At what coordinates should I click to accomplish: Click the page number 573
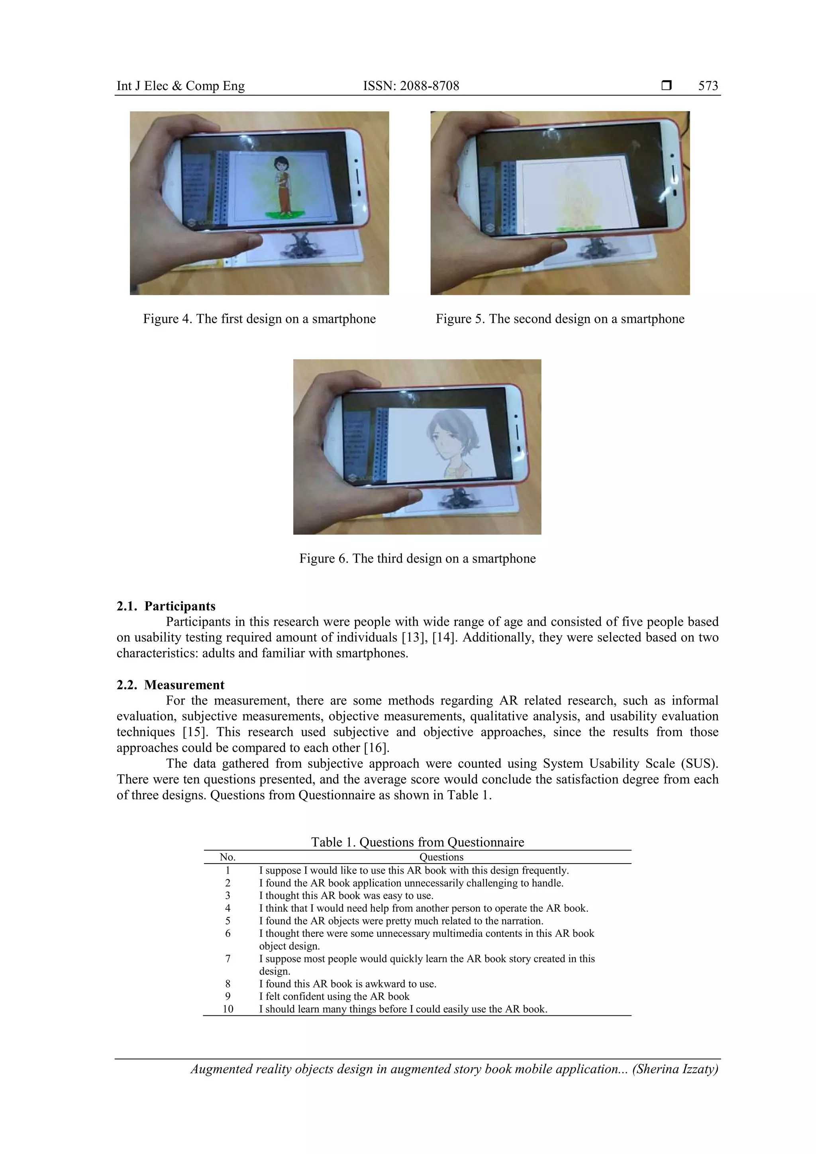tap(708, 86)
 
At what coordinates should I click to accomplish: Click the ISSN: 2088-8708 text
tap(411, 86)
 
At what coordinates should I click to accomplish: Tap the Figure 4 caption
tap(259, 319)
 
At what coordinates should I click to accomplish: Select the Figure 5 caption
tap(560, 319)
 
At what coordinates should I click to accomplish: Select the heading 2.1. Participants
tap(166, 606)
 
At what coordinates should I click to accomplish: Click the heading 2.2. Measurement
tap(171, 685)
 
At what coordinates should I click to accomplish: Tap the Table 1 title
tap(417, 842)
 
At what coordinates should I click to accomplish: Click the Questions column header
tap(441, 857)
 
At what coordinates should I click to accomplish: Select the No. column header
tap(228, 857)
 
